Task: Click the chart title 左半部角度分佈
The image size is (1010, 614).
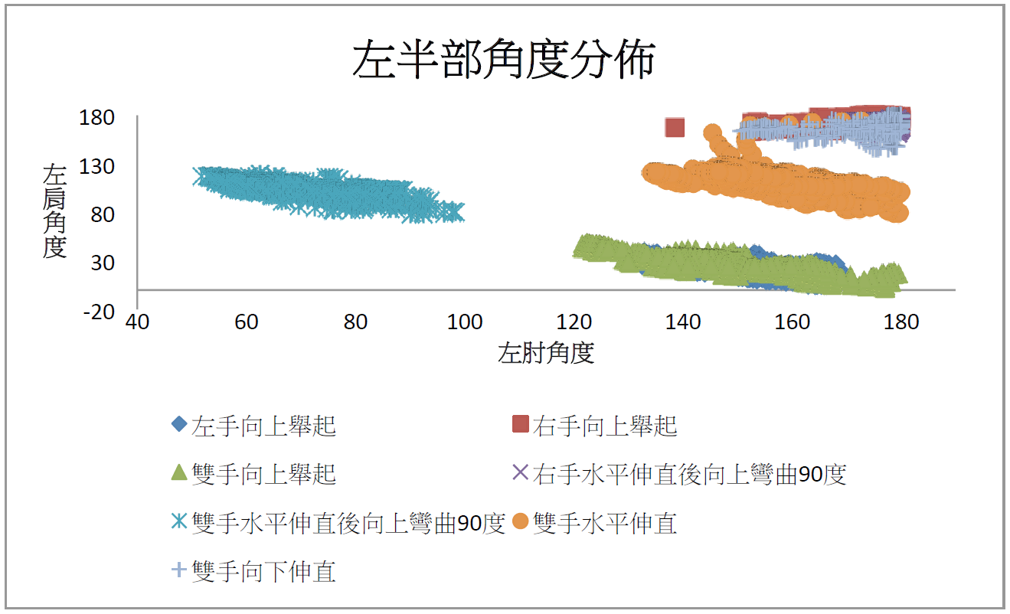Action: (504, 59)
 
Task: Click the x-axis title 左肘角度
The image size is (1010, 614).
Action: (546, 352)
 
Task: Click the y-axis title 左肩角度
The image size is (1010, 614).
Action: (54, 211)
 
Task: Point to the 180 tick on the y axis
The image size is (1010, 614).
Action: (96, 118)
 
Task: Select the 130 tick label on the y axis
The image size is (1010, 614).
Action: (96, 167)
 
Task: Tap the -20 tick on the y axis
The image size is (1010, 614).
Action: (99, 312)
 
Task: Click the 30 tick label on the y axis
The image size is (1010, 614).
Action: (103, 263)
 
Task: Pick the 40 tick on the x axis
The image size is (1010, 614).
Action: (137, 322)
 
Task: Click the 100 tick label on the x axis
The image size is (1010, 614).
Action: (465, 322)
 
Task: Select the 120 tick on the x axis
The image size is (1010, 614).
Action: (574, 322)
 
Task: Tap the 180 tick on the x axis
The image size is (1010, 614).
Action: (901, 322)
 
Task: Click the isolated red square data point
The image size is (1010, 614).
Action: (675, 127)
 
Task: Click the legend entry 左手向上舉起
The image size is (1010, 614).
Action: (254, 426)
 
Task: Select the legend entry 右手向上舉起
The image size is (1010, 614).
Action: (595, 426)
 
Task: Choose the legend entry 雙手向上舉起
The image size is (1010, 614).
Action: (254, 474)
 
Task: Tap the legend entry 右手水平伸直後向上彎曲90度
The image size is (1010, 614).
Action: (679, 474)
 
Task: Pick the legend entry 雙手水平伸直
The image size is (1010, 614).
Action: (595, 522)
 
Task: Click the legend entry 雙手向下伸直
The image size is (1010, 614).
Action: (254, 571)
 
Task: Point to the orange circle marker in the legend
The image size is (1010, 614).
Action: (521, 521)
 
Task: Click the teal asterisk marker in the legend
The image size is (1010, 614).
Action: (179, 521)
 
